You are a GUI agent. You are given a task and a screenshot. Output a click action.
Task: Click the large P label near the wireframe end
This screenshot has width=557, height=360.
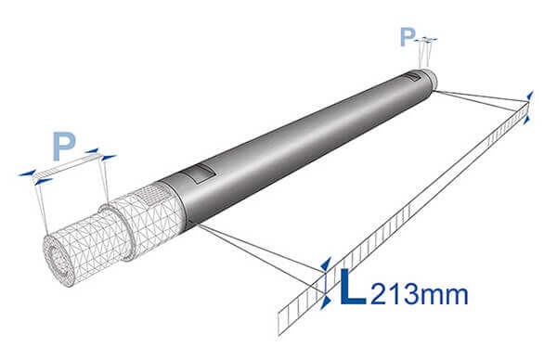click(64, 146)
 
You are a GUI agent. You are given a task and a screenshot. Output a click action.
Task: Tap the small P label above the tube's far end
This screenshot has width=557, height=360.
click(408, 37)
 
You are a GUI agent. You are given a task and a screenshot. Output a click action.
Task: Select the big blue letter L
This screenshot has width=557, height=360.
click(353, 287)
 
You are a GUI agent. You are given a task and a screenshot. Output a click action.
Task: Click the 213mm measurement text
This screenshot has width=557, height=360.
click(420, 294)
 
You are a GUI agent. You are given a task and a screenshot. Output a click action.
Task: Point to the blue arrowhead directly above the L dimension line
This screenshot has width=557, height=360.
click(326, 264)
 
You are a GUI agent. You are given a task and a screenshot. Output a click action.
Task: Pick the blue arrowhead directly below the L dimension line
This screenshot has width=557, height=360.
click(326, 303)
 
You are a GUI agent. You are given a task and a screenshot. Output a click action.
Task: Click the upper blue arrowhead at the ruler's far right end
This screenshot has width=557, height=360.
click(530, 96)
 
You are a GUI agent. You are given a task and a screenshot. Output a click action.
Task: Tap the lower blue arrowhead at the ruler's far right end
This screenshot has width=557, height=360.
click(527, 120)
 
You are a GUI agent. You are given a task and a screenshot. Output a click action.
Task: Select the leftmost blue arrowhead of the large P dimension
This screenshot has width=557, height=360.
click(27, 174)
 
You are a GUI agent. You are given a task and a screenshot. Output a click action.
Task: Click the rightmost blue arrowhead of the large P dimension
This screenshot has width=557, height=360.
click(109, 158)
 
